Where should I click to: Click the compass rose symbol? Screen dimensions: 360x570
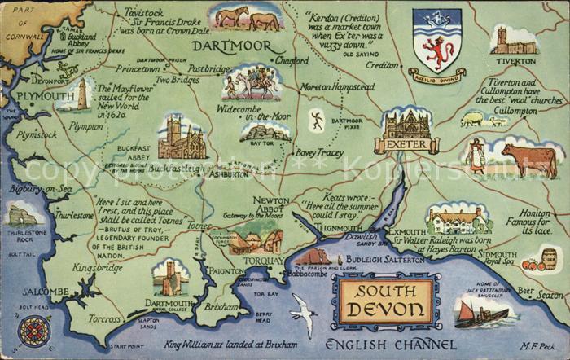coord(34,331)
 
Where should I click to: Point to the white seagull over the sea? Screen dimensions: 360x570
coord(305,314)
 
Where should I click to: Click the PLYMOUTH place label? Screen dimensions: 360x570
coord(45,97)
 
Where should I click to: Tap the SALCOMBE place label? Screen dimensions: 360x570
coord(45,292)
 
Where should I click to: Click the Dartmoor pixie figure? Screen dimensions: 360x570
coord(317,121)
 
